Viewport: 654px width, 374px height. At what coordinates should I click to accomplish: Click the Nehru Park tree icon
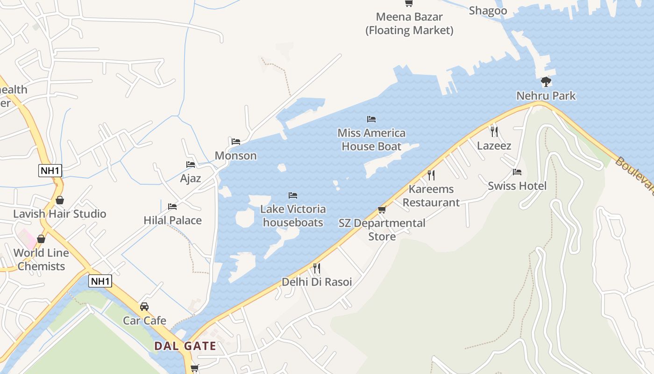click(546, 82)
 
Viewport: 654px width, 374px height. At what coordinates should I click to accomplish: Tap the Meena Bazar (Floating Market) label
click(409, 24)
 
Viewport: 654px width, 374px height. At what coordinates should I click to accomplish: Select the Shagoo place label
click(488, 11)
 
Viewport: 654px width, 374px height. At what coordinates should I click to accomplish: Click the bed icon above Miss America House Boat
click(371, 119)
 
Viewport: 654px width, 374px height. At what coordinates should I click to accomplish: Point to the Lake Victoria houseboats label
click(293, 216)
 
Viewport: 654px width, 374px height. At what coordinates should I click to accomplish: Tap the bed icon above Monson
click(236, 141)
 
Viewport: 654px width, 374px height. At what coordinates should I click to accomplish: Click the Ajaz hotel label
click(191, 178)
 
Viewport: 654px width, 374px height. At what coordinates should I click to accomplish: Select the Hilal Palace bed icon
click(172, 206)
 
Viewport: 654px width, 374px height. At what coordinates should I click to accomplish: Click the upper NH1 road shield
click(50, 171)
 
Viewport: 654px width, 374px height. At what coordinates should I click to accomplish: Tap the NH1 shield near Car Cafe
click(100, 281)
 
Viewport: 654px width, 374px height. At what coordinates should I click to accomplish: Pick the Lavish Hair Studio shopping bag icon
click(60, 201)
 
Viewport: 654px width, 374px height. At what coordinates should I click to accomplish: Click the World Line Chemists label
click(41, 259)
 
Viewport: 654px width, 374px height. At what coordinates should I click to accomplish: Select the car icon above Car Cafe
click(144, 307)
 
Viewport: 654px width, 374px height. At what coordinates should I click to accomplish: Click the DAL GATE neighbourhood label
click(185, 346)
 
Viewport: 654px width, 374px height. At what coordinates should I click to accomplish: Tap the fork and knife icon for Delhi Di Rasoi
click(316, 268)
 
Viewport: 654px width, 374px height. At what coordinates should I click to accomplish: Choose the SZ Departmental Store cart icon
click(382, 210)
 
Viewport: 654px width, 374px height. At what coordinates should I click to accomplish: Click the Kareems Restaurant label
click(431, 196)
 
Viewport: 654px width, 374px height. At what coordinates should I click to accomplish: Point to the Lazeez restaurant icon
click(494, 132)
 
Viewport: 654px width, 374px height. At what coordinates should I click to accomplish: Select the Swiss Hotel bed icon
click(517, 172)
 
